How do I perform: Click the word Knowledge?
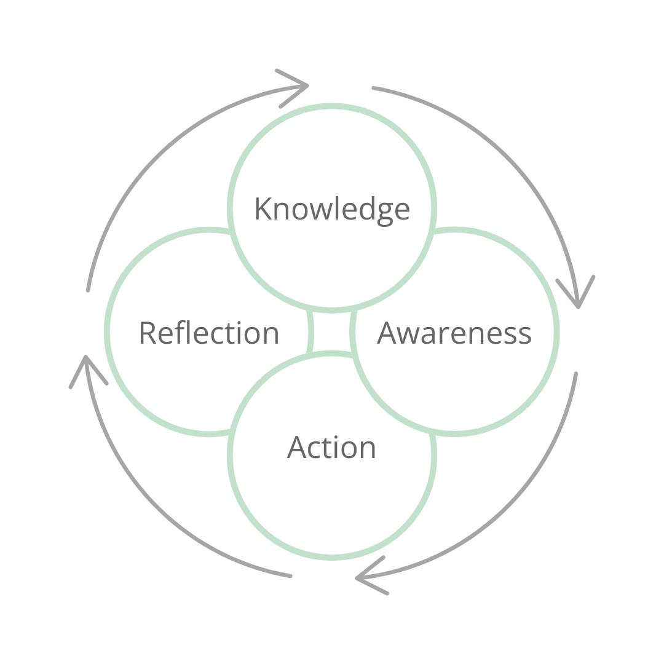click(332, 209)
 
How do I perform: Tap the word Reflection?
click(209, 333)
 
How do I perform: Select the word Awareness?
click(454, 333)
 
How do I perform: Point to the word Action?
click(331, 447)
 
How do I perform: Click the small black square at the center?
click(332, 332)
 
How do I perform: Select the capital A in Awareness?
click(389, 333)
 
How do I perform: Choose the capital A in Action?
click(298, 447)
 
